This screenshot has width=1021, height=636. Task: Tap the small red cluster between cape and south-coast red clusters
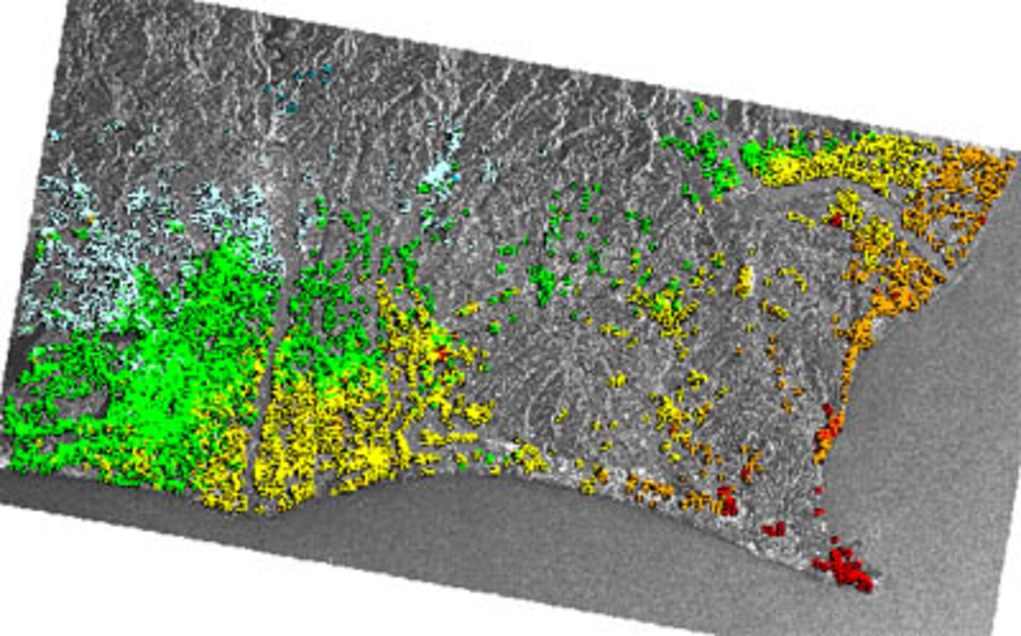pos(774,529)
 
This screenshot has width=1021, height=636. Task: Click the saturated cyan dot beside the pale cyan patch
pos(456,177)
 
